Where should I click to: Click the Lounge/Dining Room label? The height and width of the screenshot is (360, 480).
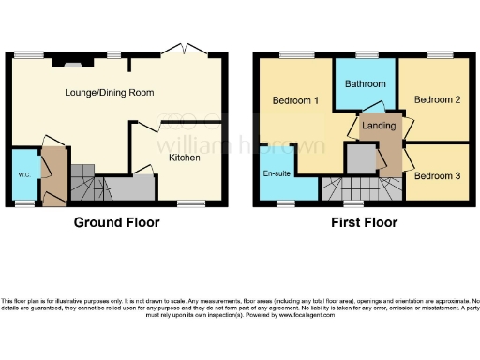pyautogui.click(x=109, y=93)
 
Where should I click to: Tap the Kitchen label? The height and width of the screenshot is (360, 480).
pyautogui.click(x=184, y=158)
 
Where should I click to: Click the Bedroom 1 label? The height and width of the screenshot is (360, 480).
pyautogui.click(x=295, y=100)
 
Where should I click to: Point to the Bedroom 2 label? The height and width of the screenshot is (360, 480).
pyautogui.click(x=437, y=100)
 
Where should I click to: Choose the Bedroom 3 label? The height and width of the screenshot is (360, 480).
pyautogui.click(x=437, y=176)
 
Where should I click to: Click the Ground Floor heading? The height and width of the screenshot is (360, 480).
pyautogui.click(x=117, y=223)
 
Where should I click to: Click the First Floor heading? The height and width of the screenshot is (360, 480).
pyautogui.click(x=364, y=223)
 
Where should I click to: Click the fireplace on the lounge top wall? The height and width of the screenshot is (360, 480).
pyautogui.click(x=72, y=64)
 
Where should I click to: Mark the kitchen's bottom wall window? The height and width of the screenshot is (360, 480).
pyautogui.click(x=192, y=203)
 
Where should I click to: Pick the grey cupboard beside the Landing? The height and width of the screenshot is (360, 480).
pyautogui.click(x=360, y=159)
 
